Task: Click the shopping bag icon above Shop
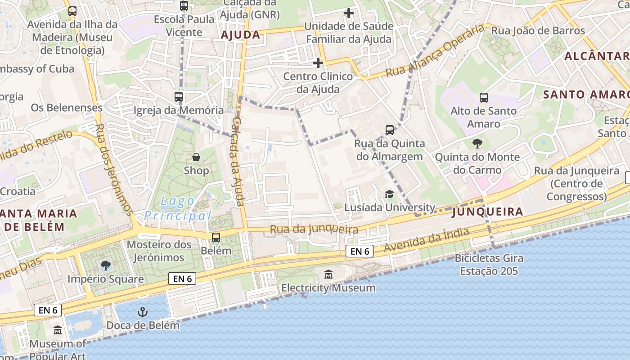196,157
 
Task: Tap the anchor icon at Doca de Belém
143,311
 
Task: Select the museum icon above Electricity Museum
328,274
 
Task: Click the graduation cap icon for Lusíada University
389,194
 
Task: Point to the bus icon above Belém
216,237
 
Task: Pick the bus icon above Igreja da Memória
179,96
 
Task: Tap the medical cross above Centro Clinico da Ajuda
318,63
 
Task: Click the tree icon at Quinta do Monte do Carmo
477,144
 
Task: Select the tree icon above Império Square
106,265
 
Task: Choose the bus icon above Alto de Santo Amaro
484,97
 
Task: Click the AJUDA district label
241,35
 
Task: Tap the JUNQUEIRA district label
488,211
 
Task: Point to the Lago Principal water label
178,208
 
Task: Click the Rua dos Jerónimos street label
114,169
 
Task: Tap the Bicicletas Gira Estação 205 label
489,265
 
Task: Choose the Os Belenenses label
67,108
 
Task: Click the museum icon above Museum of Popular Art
58,330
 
